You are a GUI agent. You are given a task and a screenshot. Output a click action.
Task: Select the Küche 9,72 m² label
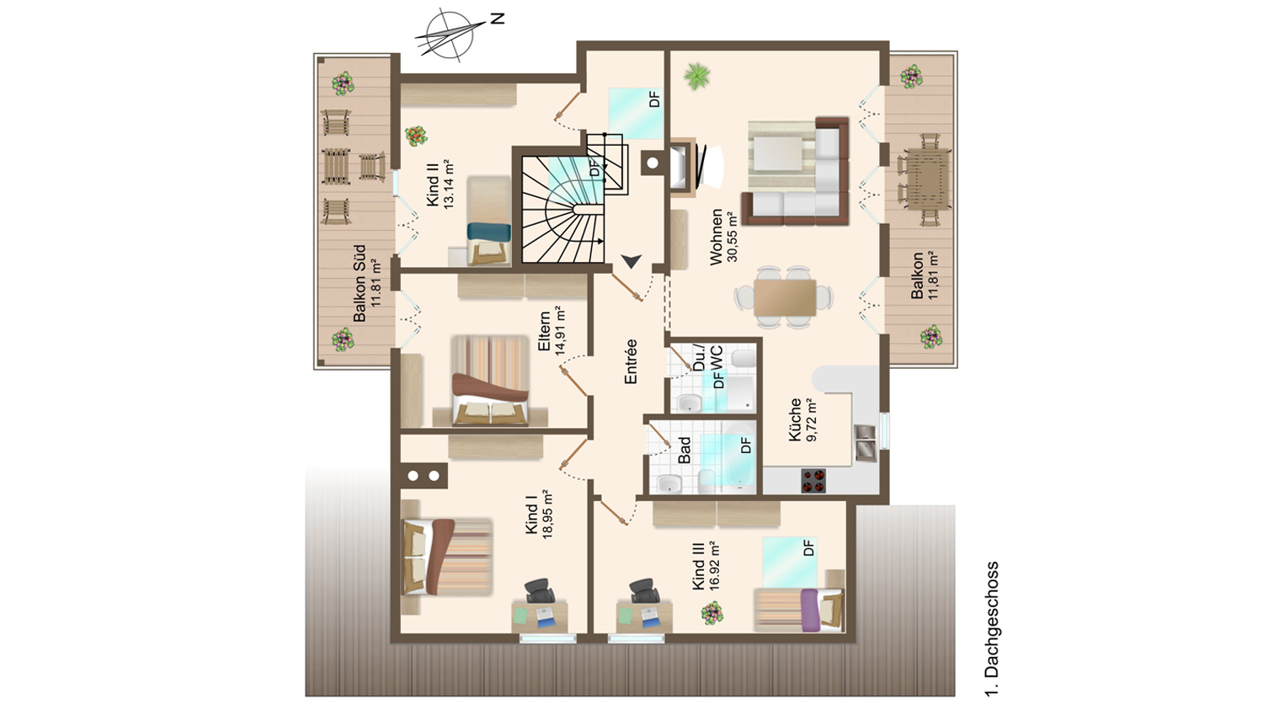(803, 419)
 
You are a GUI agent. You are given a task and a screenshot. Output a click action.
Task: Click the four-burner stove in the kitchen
(813, 480)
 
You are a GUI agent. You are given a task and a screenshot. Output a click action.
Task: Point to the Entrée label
(631, 361)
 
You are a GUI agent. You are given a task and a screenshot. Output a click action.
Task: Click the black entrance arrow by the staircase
(631, 261)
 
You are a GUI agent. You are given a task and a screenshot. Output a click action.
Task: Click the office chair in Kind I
(540, 590)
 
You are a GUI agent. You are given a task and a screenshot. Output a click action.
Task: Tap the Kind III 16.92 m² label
(706, 566)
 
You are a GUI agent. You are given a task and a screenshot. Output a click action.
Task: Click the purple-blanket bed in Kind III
(799, 610)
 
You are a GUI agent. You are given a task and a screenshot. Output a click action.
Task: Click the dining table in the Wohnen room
(784, 297)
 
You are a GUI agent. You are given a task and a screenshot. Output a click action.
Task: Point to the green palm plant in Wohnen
(697, 76)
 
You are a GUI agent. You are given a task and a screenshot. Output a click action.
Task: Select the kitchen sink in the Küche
(865, 443)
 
